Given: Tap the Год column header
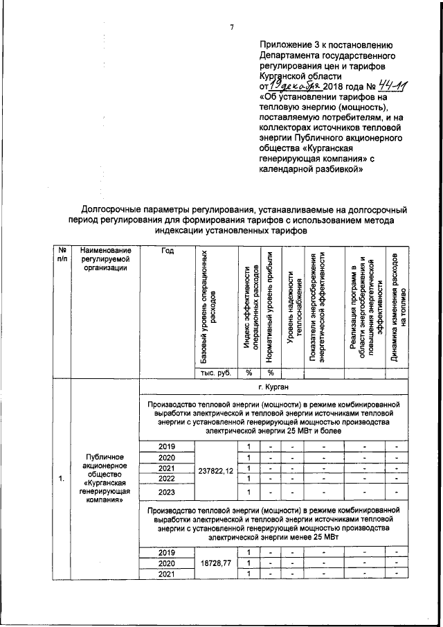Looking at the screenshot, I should (167, 250).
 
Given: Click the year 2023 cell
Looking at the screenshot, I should (167, 493).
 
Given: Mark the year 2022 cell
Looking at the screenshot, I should (167, 478).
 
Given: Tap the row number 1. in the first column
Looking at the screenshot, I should (62, 478).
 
